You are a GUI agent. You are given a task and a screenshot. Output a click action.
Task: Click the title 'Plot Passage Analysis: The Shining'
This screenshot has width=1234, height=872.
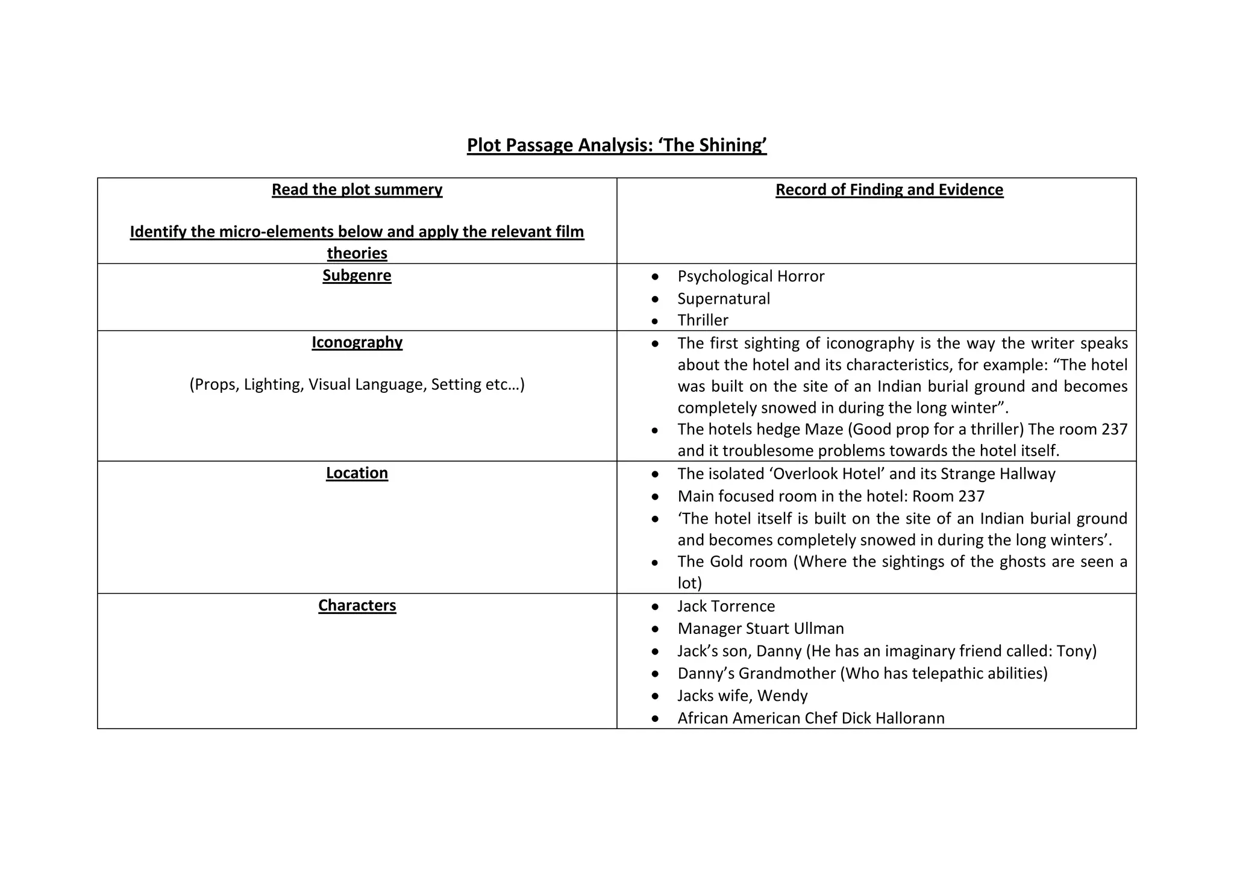616,145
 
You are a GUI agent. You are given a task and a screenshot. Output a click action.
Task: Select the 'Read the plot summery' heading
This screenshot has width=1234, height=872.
357,190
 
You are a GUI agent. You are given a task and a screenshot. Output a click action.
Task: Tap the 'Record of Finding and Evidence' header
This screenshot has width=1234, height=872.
889,190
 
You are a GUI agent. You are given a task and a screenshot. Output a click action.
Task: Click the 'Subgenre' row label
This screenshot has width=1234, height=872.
357,275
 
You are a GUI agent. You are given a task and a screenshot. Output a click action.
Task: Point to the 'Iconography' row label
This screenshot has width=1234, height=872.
357,342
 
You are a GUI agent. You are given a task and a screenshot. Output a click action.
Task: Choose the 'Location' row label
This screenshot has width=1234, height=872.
357,473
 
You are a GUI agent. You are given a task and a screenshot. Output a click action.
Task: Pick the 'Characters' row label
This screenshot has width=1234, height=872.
357,605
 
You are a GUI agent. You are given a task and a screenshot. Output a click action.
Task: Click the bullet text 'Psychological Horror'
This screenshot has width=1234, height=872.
751,276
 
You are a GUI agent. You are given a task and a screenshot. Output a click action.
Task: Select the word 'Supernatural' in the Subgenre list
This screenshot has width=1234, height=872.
724,298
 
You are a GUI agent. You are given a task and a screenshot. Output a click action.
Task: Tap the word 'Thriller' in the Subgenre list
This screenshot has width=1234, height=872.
703,320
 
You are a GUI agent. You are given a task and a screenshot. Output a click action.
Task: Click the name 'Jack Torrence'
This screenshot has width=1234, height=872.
726,606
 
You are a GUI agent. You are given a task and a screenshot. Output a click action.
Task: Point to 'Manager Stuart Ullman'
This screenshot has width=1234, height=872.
760,629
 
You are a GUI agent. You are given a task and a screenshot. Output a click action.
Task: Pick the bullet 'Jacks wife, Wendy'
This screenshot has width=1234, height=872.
742,695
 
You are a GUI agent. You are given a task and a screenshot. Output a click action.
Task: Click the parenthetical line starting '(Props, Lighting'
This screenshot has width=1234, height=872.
357,384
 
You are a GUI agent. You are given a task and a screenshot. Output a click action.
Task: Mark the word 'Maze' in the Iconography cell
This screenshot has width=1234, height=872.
824,430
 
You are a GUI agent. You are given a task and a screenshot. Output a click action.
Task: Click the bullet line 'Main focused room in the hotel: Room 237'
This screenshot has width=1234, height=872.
831,496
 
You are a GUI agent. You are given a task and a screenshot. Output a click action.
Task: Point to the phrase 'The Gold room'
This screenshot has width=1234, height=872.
732,562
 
